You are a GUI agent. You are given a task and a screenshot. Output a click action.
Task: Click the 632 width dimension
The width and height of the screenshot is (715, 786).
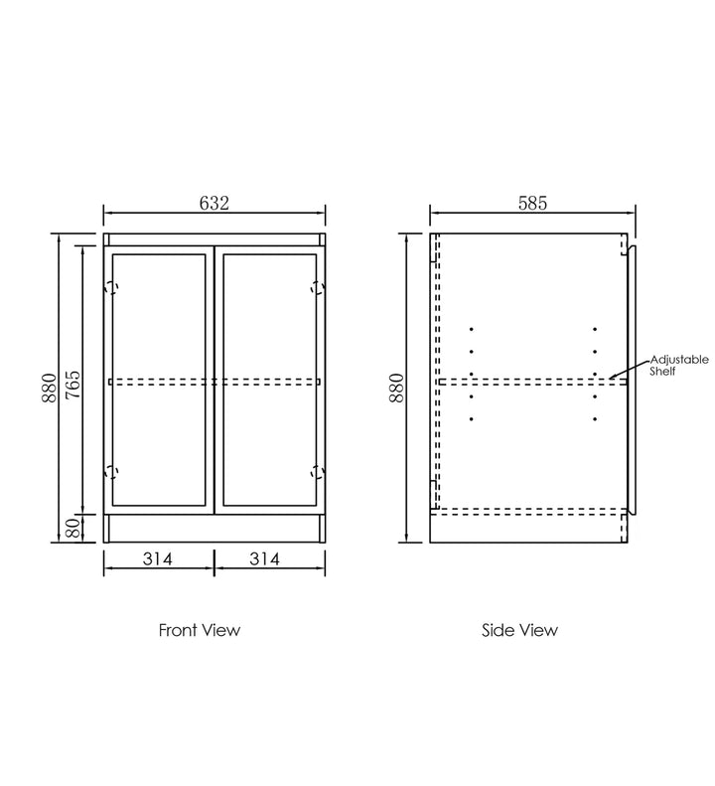214,203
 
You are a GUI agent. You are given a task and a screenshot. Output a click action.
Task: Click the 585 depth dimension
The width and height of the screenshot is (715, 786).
531,203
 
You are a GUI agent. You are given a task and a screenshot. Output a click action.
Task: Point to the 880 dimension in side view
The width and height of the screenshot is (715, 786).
396,389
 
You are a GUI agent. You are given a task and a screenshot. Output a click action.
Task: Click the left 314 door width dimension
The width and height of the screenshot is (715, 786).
157,559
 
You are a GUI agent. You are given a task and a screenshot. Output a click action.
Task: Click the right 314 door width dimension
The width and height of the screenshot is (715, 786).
263,559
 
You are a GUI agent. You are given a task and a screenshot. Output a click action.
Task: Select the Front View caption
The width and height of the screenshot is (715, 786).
200,630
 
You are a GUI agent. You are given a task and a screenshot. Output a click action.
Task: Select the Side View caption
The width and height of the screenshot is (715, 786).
519,630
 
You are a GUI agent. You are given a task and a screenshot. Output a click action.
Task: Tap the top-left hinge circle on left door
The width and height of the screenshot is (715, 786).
111,289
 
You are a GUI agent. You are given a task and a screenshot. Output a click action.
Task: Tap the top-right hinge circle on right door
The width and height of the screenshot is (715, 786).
318,289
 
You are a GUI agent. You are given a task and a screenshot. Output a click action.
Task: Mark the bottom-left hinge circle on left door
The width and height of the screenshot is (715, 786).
111,472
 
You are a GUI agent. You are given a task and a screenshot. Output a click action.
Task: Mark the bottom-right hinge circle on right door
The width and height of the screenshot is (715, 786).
318,472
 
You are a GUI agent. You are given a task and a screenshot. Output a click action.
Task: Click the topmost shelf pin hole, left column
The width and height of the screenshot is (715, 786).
472,329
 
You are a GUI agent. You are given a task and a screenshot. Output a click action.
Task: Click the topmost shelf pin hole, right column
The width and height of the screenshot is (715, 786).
595,329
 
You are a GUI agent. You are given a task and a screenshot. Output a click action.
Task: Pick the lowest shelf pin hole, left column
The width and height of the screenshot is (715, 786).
472,419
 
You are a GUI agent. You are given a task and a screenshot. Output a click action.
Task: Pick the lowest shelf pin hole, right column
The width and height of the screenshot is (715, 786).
595,419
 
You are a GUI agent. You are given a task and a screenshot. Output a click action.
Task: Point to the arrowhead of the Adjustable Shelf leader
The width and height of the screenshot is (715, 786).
614,377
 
